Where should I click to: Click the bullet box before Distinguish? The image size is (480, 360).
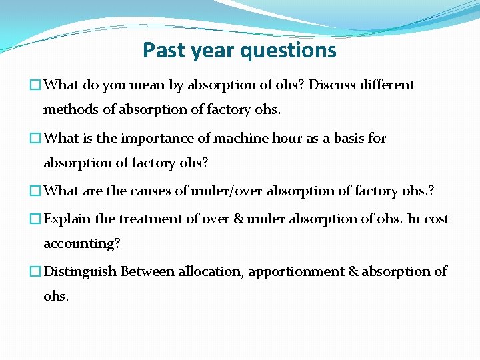tap(35, 272)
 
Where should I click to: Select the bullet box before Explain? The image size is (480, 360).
tap(35, 219)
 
